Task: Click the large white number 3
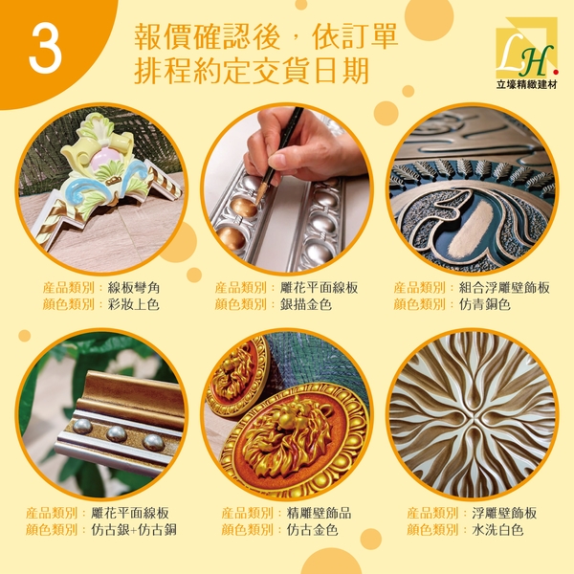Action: tap(45, 50)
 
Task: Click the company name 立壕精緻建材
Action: tap(526, 84)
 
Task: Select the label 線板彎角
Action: tap(134, 288)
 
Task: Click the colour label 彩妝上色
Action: tap(134, 304)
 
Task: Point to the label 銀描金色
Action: tap(306, 304)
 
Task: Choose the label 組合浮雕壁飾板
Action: tap(504, 288)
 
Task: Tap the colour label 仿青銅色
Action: tap(485, 304)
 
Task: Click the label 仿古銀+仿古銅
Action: tap(134, 530)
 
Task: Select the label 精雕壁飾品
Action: tap(319, 513)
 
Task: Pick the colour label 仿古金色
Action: tap(312, 530)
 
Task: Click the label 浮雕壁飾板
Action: tap(504, 513)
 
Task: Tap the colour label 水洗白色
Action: tap(497, 530)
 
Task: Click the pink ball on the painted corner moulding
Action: tap(104, 159)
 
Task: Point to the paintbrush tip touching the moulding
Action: tap(259, 199)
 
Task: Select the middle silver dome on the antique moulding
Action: tap(117, 433)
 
